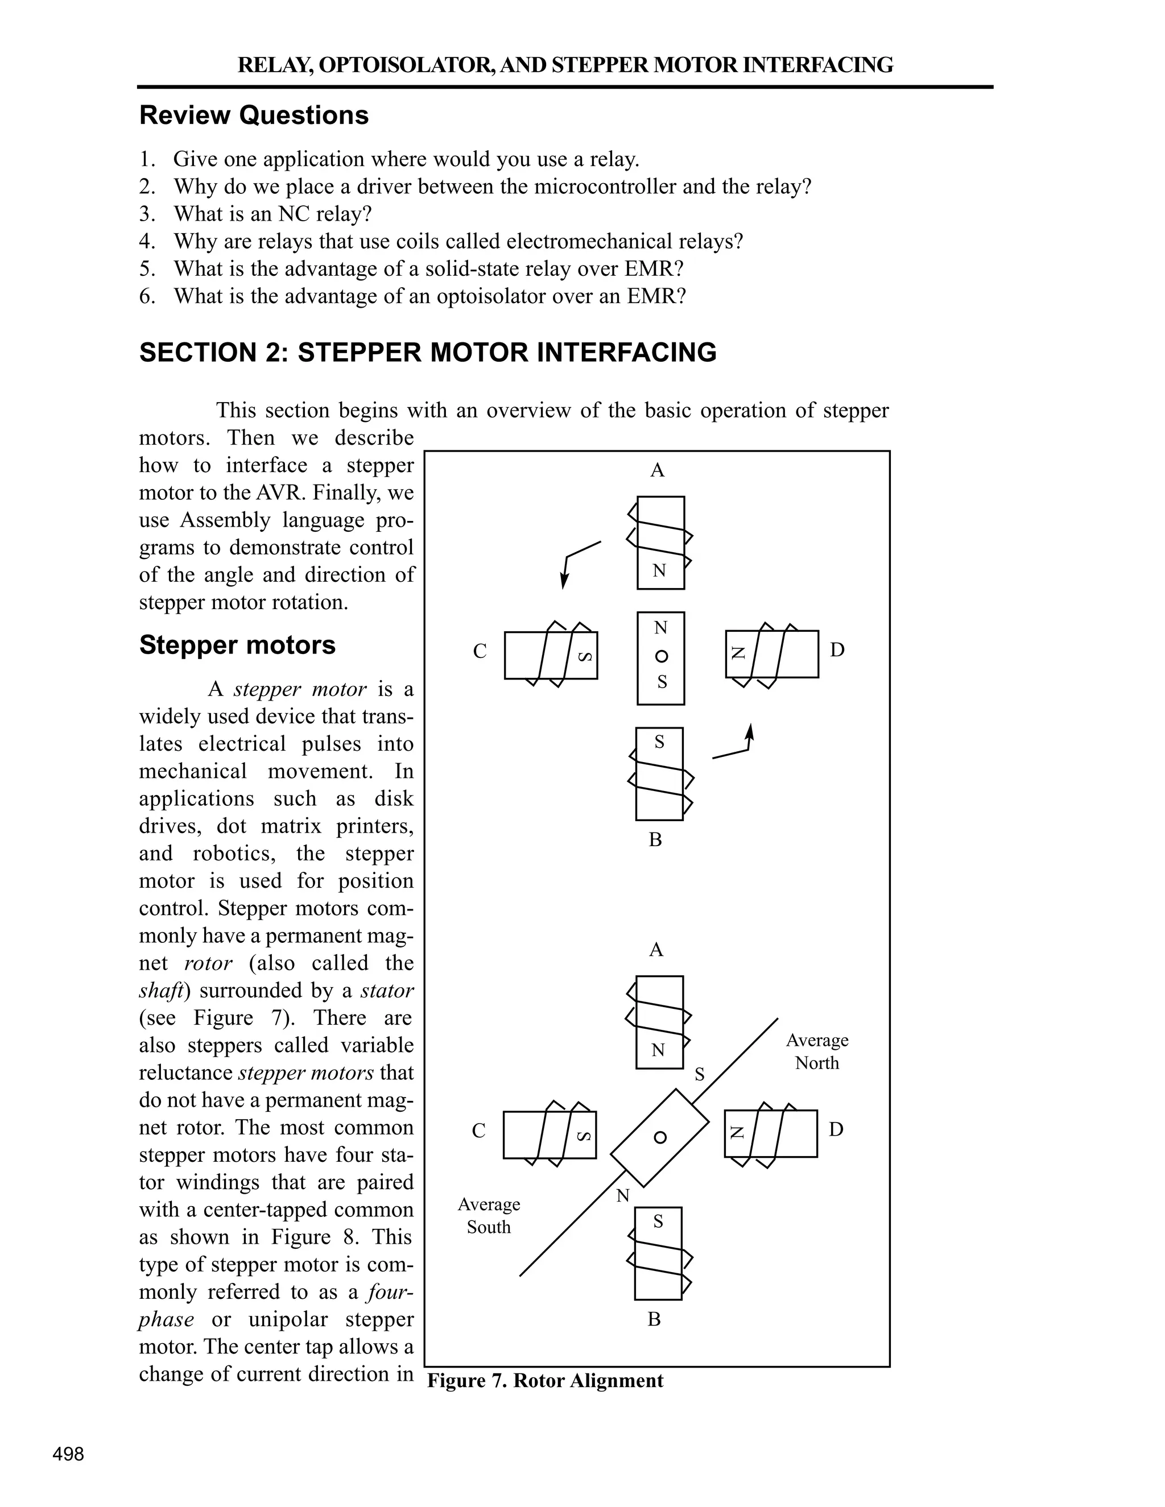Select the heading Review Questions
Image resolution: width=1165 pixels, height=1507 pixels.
pyautogui.click(x=254, y=115)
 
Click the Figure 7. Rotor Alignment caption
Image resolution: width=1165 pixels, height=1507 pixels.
pyautogui.click(x=545, y=1381)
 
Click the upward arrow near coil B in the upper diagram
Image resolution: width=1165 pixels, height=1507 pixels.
pyautogui.click(x=750, y=733)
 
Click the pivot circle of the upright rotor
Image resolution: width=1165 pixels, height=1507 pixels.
pyautogui.click(x=661, y=656)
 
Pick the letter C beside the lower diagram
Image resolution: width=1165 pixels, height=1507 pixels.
pyautogui.click(x=479, y=1131)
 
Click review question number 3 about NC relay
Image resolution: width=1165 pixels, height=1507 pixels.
pyautogui.click(x=272, y=214)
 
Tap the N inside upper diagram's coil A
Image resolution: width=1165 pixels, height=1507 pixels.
pyautogui.click(x=660, y=570)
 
